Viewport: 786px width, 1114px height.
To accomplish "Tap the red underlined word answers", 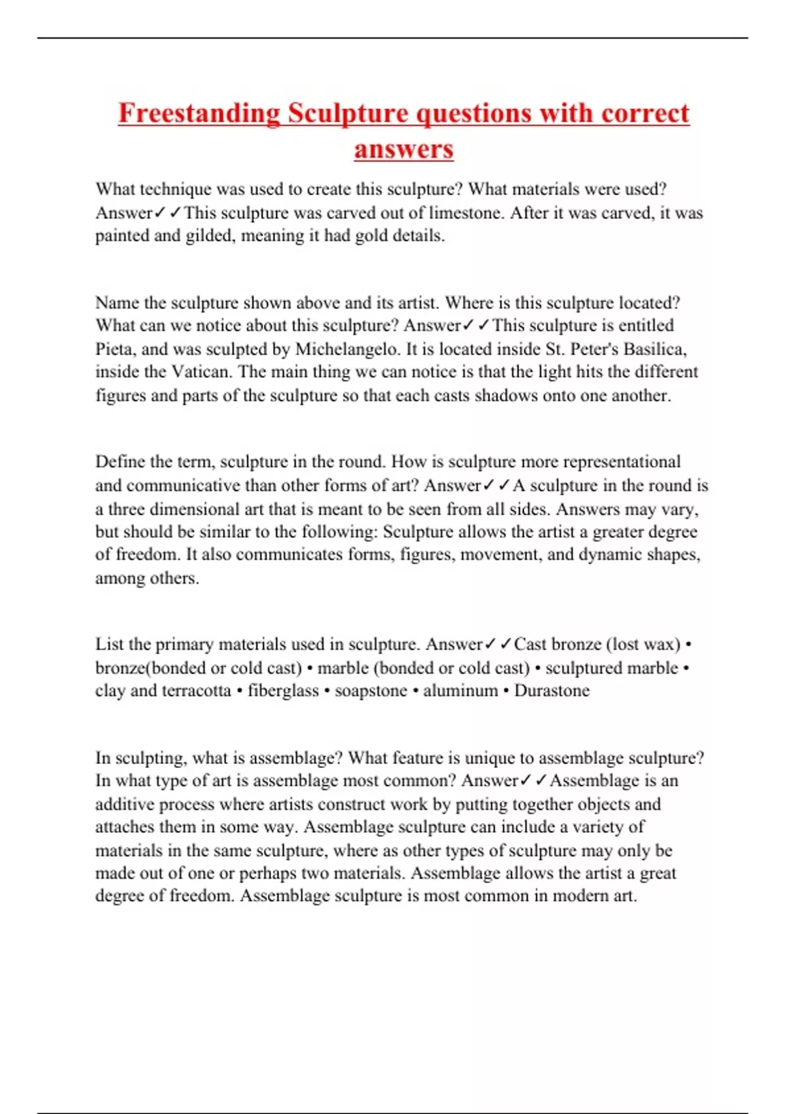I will [x=403, y=149].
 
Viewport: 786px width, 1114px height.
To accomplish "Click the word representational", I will [x=622, y=462].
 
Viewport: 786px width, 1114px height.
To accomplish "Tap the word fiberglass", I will [x=283, y=691].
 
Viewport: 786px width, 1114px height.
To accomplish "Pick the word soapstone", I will [x=371, y=691].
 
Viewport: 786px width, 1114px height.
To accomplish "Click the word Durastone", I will [x=552, y=691].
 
